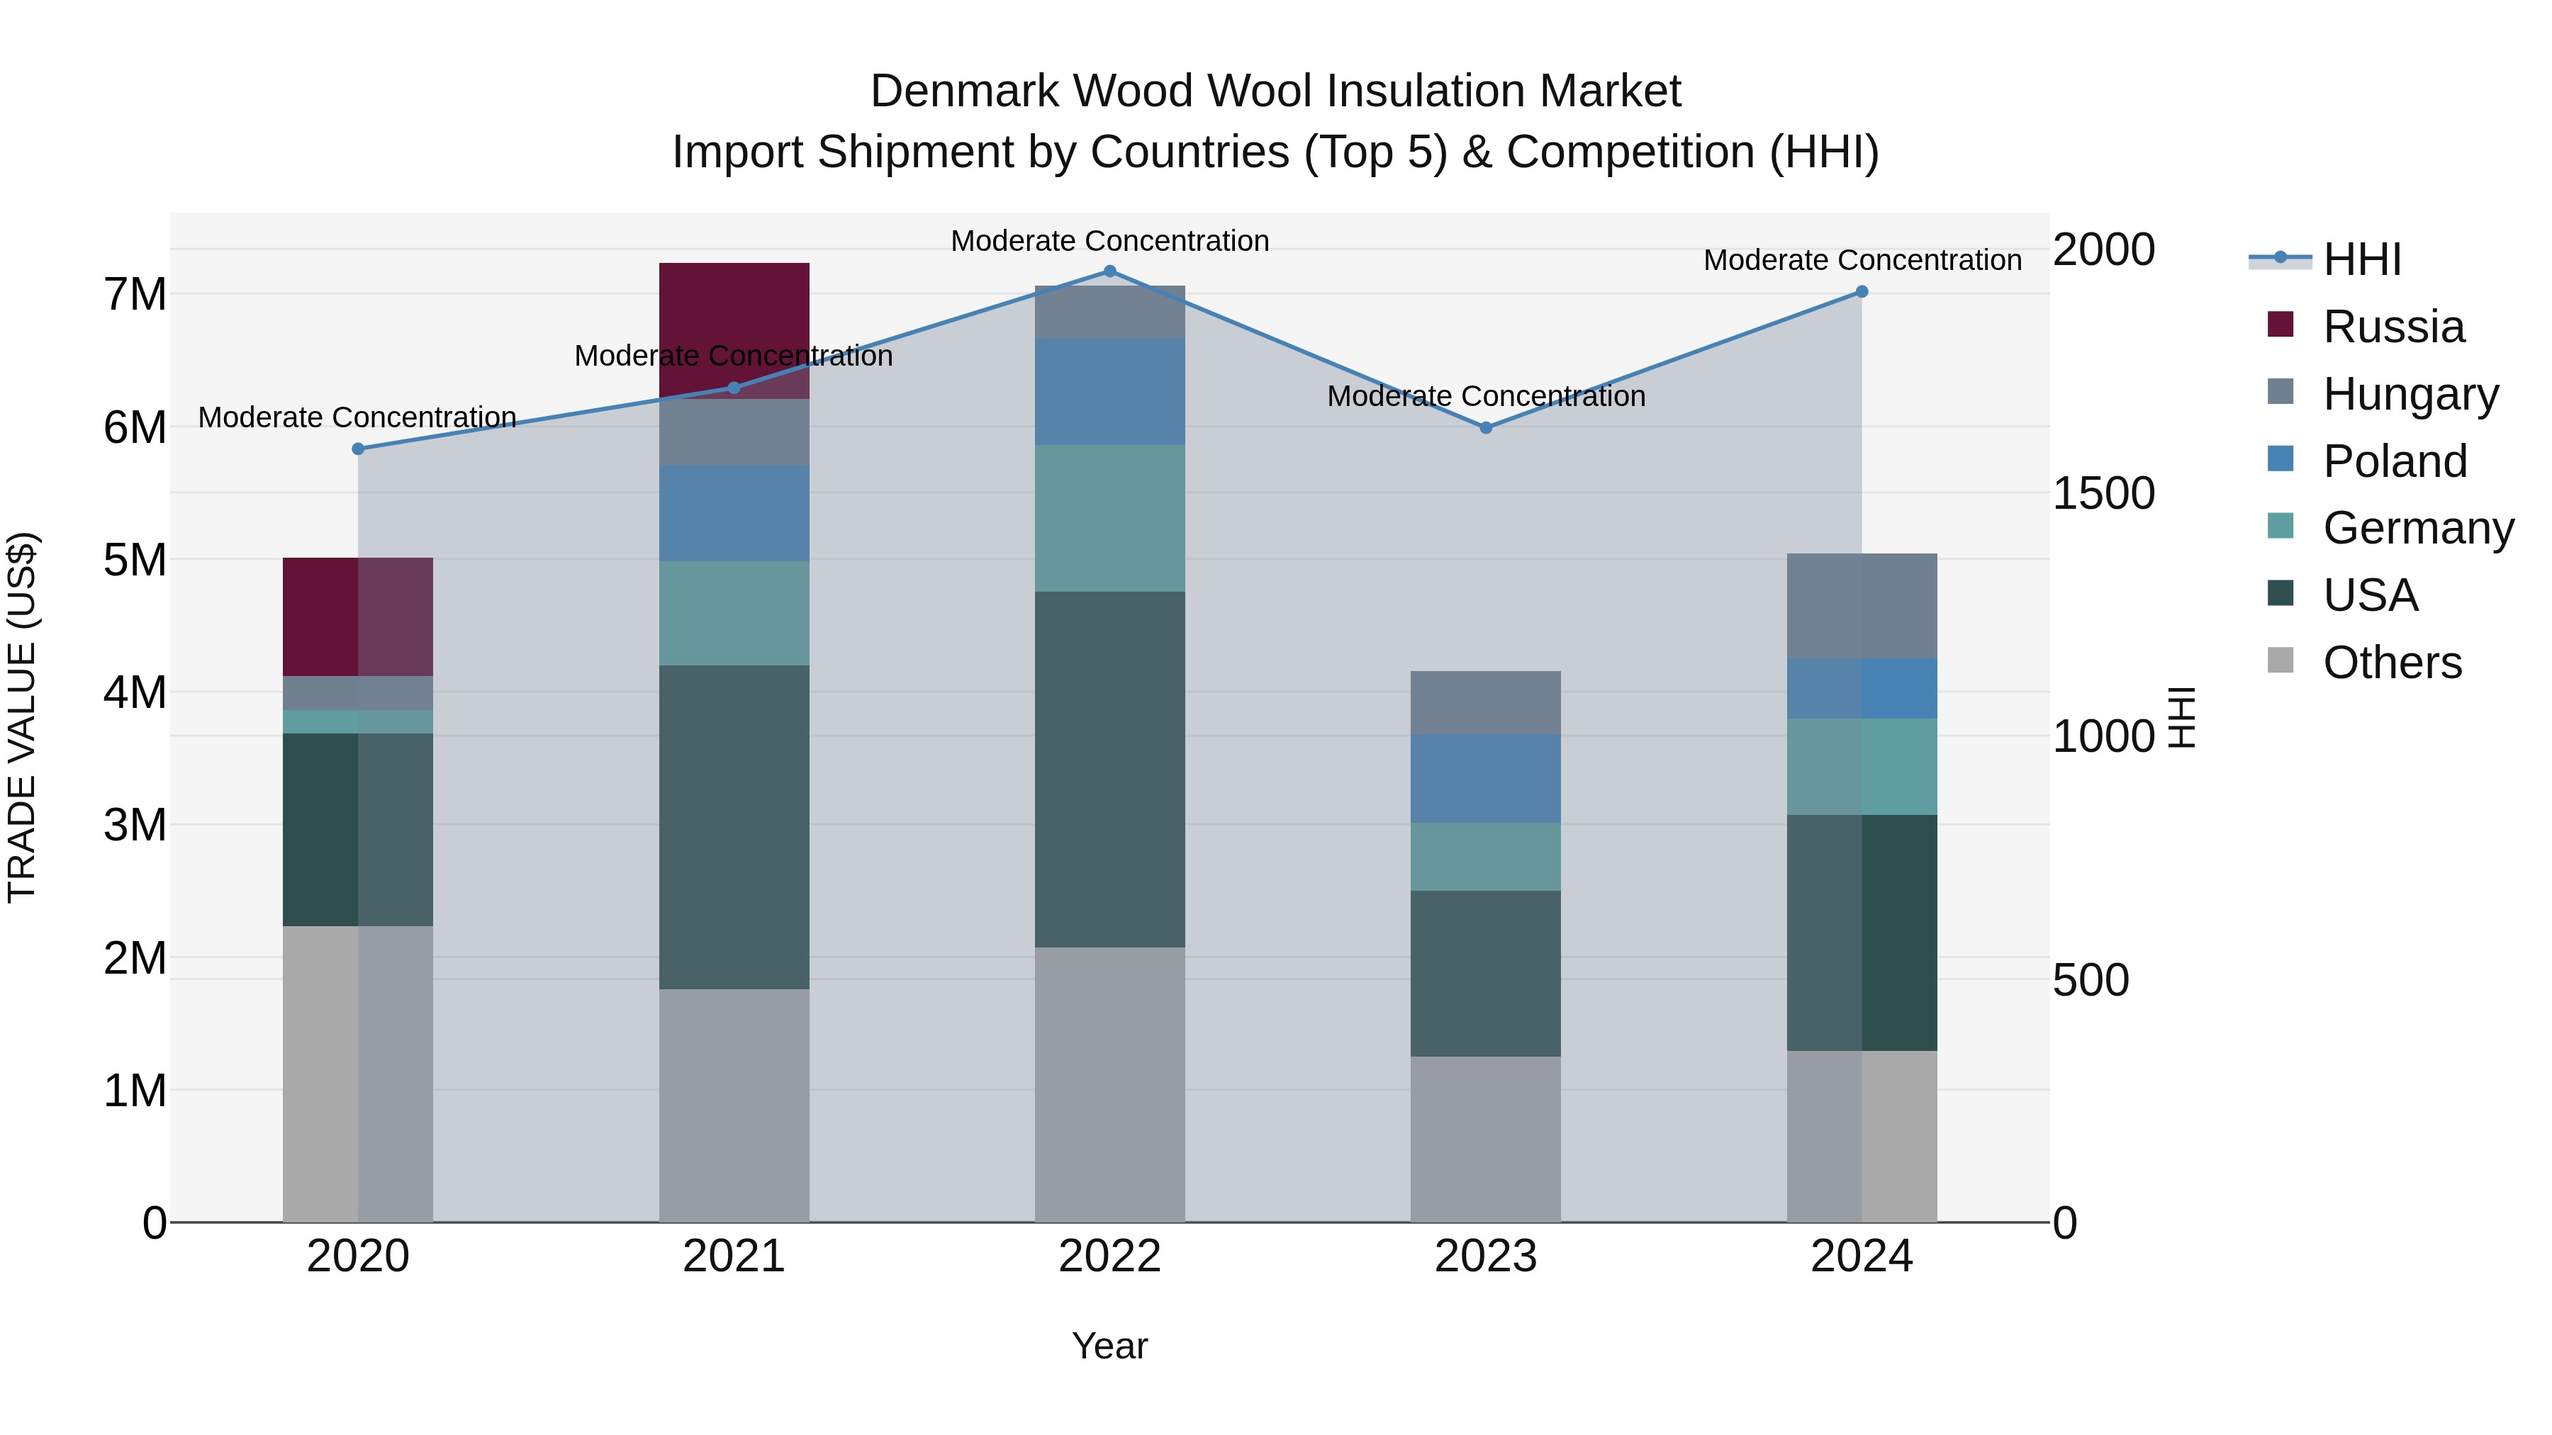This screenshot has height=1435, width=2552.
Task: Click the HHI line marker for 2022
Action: click(x=1109, y=271)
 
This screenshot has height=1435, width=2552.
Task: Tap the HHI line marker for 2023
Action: click(x=1486, y=428)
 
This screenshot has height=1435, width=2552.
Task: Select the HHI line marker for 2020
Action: click(x=359, y=449)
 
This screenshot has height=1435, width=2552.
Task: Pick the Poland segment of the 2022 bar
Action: click(x=1109, y=391)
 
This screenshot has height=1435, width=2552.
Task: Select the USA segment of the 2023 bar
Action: click(x=1486, y=974)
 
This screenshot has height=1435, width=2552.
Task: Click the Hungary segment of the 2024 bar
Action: click(x=1862, y=606)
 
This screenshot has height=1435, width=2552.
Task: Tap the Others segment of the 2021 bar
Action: click(x=734, y=1105)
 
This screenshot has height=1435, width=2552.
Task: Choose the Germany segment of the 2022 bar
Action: click(x=1109, y=518)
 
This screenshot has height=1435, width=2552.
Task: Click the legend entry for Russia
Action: click(x=2392, y=327)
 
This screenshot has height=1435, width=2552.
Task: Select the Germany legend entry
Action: click(x=2417, y=528)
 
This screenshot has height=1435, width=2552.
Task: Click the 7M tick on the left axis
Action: click(x=135, y=294)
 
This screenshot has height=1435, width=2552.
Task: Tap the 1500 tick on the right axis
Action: click(x=2103, y=493)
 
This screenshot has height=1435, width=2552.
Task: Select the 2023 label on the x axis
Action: click(x=1486, y=1256)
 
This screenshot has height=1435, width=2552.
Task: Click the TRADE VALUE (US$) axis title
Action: click(x=22, y=717)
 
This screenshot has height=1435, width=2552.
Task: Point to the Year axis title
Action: click(x=1109, y=1346)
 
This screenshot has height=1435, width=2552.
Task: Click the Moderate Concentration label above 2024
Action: click(x=1862, y=261)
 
